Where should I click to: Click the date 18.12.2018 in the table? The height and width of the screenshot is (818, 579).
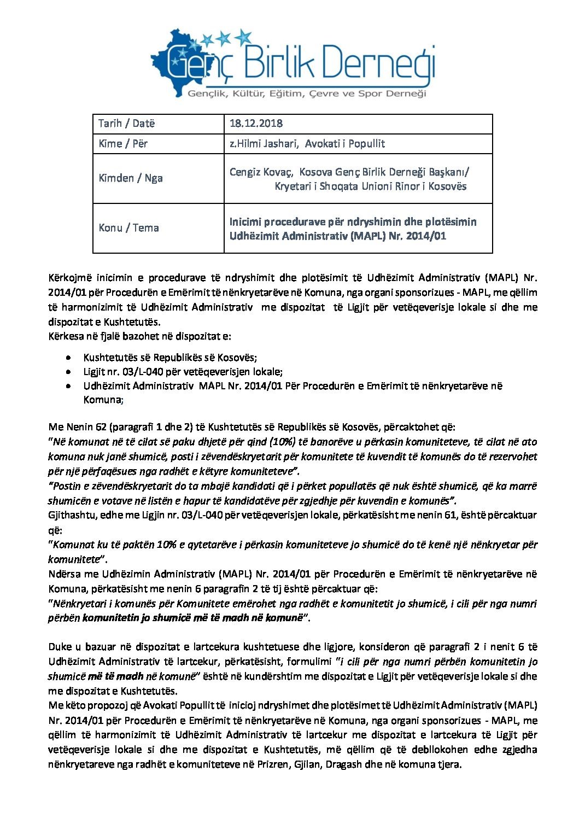tap(256, 124)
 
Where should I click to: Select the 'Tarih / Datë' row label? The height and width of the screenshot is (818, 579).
tap(126, 124)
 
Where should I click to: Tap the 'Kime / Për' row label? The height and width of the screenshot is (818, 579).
tap(123, 144)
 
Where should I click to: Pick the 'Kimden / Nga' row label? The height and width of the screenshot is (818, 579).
tap(131, 178)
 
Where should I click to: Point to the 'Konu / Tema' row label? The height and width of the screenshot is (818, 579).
tap(128, 228)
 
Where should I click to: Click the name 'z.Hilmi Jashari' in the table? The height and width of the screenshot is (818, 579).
tap(264, 144)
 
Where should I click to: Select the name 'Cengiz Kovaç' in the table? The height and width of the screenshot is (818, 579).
tap(261, 172)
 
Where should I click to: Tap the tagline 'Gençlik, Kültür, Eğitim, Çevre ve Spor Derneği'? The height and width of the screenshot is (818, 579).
tap(307, 94)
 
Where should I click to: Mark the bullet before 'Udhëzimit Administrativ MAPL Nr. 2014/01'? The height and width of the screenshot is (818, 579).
tap(67, 386)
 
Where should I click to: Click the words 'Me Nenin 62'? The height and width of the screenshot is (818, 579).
tap(78, 427)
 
